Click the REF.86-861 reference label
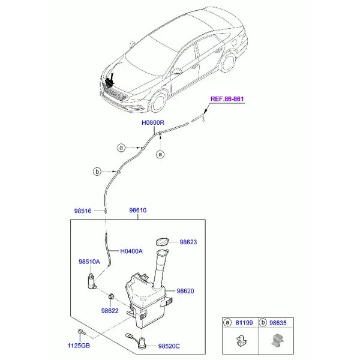coord(227,99)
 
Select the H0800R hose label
coord(153,122)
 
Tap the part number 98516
coord(83,211)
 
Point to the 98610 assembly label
coord(138,210)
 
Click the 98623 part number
coord(188,242)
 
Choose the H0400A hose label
coord(131,251)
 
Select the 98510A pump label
coord(89,262)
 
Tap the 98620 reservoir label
coord(185,291)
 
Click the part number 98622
coord(110,311)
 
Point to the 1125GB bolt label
coord(79,346)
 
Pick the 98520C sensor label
coord(169,346)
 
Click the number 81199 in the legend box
coord(244,323)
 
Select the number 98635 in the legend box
coord(278,323)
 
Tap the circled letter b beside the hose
coord(97,172)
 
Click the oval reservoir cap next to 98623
coord(163,242)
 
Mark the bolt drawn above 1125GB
coord(81,332)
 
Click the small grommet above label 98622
coord(111,296)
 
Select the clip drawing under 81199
coord(241,341)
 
